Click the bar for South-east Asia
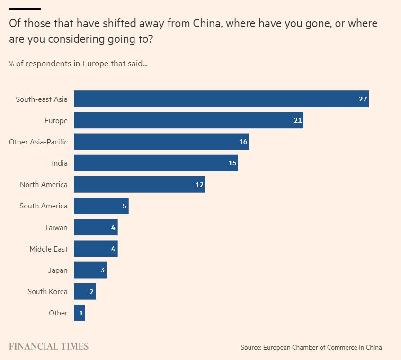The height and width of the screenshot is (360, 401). [221, 99]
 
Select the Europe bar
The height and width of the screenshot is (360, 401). [188, 120]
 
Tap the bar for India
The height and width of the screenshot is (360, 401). [156, 163]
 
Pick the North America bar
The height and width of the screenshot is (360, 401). [139, 184]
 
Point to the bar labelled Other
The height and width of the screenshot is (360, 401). [79, 313]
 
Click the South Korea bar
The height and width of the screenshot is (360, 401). [85, 291]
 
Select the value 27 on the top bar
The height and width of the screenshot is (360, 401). [363, 99]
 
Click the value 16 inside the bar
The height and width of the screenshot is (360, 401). [243, 142]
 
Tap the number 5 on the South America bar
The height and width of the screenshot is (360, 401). [124, 206]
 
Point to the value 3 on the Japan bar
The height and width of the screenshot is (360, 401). [102, 270]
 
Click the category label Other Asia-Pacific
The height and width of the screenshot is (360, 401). [38, 142]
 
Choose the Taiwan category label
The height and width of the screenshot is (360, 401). [56, 227]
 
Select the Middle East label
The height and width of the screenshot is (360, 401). [48, 249]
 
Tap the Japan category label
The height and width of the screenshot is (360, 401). [58, 270]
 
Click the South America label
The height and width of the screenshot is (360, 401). [44, 206]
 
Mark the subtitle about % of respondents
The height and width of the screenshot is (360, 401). [78, 63]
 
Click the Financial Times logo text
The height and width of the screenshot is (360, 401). [48, 346]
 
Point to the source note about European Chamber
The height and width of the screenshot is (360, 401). [311, 347]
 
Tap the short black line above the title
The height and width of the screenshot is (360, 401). [25, 9]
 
